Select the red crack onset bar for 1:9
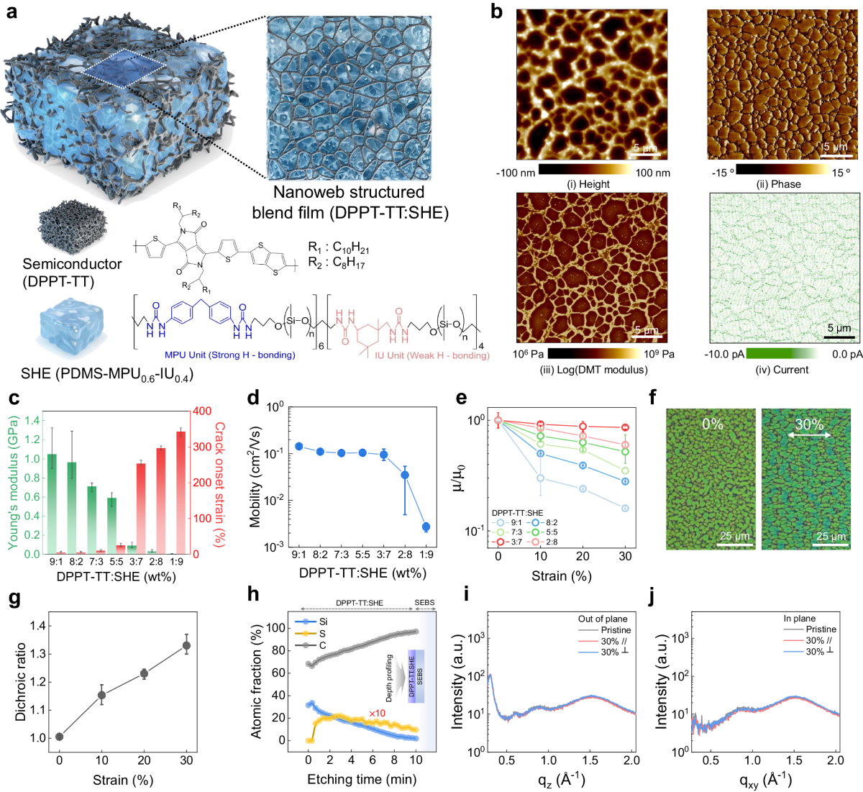click(x=181, y=492)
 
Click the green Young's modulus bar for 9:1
click(x=52, y=504)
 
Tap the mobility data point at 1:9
click(x=426, y=527)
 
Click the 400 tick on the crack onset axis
click(x=202, y=411)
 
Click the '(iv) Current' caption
click(x=782, y=370)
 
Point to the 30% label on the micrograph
click(x=810, y=424)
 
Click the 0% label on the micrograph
click(x=712, y=424)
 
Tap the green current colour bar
click(x=782, y=354)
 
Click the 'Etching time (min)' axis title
click(x=362, y=779)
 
